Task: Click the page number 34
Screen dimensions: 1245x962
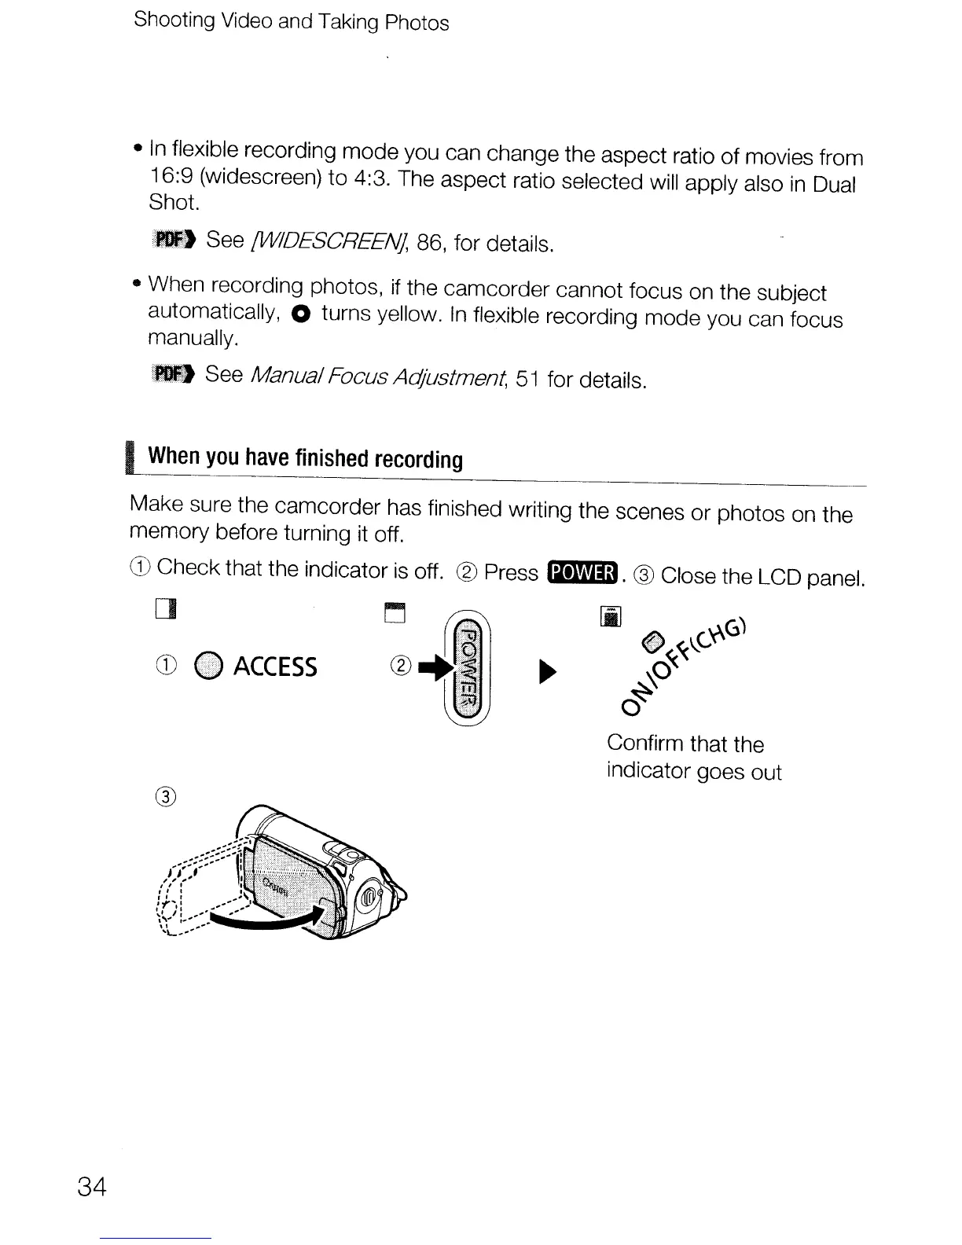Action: click(x=91, y=1186)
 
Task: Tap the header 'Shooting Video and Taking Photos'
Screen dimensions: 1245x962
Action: click(x=292, y=20)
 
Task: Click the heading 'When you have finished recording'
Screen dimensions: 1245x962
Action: click(x=305, y=457)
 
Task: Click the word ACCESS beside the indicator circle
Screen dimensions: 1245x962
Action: click(x=275, y=667)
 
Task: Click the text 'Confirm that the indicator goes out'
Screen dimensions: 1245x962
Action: click(x=693, y=758)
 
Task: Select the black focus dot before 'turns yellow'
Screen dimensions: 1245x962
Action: click(x=299, y=314)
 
